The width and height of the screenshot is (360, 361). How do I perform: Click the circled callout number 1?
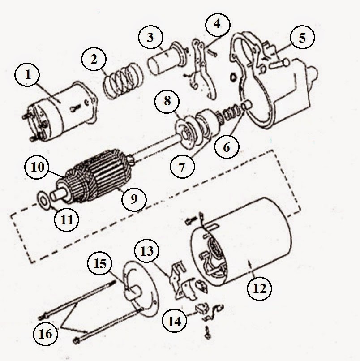pyautogui.click(x=27, y=74)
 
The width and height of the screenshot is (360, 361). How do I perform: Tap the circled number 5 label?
pyautogui.click(x=302, y=37)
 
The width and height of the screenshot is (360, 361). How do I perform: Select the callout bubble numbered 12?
pyautogui.click(x=259, y=288)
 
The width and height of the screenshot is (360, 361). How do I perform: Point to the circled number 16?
pyautogui.click(x=45, y=333)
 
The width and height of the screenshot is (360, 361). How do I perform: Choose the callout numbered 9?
pyautogui.click(x=134, y=199)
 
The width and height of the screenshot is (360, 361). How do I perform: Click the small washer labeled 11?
pyautogui.click(x=44, y=199)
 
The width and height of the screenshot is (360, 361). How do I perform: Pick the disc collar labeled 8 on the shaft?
pyautogui.click(x=186, y=133)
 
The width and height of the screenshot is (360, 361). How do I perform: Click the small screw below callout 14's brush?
pyautogui.click(x=208, y=333)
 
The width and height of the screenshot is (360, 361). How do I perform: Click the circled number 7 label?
pyautogui.click(x=182, y=167)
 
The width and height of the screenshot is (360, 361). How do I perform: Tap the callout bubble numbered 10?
pyautogui.click(x=37, y=167)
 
